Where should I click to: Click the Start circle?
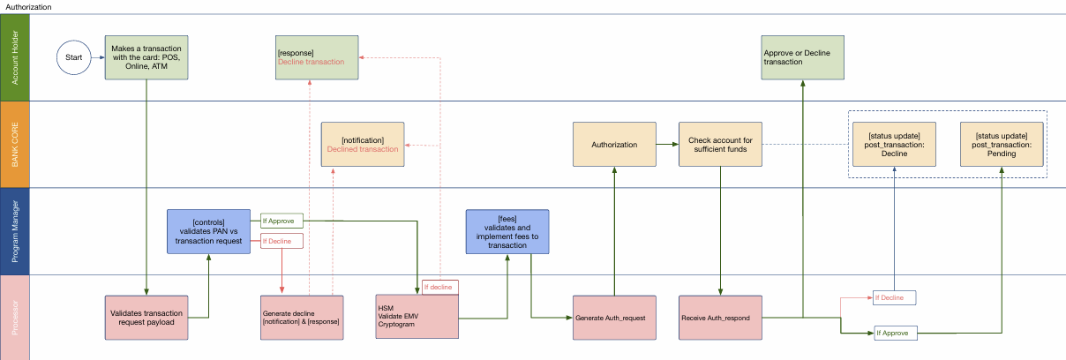(74, 58)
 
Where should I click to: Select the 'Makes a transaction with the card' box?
(146, 57)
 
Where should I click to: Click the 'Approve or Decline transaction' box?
(802, 57)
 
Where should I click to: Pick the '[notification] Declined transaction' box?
(363, 145)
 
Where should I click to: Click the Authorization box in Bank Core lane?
(614, 145)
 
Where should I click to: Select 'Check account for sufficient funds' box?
(721, 145)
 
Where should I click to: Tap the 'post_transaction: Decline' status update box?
(894, 145)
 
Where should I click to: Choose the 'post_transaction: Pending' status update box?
(1002, 145)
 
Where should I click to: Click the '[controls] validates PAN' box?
(209, 231)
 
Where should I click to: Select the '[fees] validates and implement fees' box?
(507, 231)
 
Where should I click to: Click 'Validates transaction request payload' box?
(146, 317)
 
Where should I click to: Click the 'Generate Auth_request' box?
(614, 317)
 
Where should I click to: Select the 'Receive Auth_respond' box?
(721, 317)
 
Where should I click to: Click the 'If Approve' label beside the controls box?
(282, 221)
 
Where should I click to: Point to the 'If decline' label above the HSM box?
(439, 287)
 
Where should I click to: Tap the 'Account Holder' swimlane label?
(14, 58)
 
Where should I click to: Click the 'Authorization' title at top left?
(30, 6)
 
